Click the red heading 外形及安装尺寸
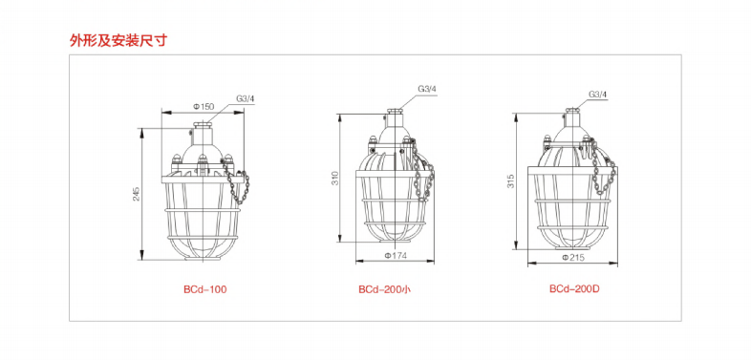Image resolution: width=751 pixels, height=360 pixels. pyautogui.click(x=118, y=41)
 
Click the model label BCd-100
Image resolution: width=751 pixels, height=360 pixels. pyautogui.click(x=205, y=289)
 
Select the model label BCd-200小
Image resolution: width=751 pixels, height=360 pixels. pyautogui.click(x=385, y=289)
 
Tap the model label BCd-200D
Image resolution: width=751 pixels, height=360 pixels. pyautogui.click(x=575, y=289)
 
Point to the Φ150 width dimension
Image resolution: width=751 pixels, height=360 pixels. pyautogui.click(x=204, y=107)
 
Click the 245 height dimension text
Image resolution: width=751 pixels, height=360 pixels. pyautogui.click(x=137, y=194)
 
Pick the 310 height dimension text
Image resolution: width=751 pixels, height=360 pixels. pyautogui.click(x=334, y=179)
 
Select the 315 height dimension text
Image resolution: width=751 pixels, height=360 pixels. pyautogui.click(x=510, y=181)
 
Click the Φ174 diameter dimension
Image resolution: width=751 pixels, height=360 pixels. pyautogui.click(x=396, y=256)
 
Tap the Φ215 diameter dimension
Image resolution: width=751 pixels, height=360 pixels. pyautogui.click(x=574, y=258)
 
